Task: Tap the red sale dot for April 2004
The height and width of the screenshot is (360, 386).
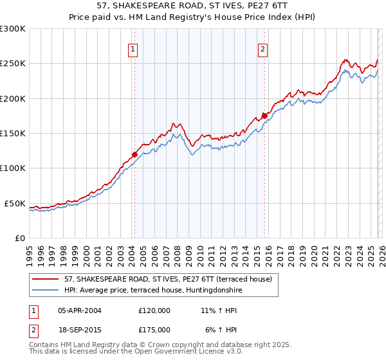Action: click(x=134, y=154)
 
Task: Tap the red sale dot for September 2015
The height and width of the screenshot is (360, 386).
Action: click(x=264, y=116)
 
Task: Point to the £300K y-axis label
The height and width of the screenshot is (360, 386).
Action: click(x=13, y=29)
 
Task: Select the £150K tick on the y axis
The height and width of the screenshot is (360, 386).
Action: click(x=13, y=134)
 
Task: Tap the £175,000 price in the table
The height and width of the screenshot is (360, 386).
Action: click(x=154, y=329)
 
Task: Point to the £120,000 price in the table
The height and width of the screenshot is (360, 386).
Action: click(x=154, y=310)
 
